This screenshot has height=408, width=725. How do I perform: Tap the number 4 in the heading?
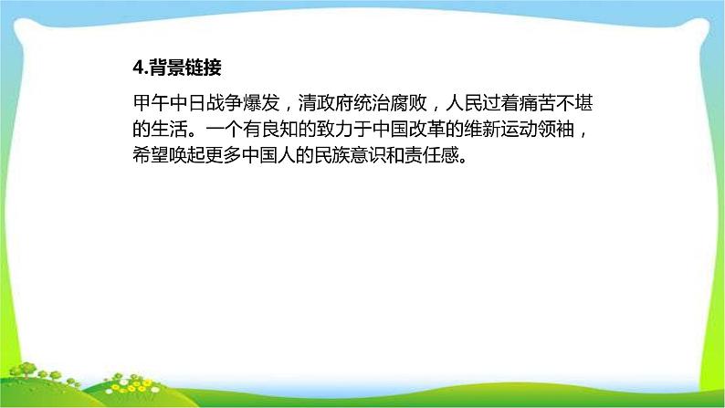[x=136, y=68]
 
